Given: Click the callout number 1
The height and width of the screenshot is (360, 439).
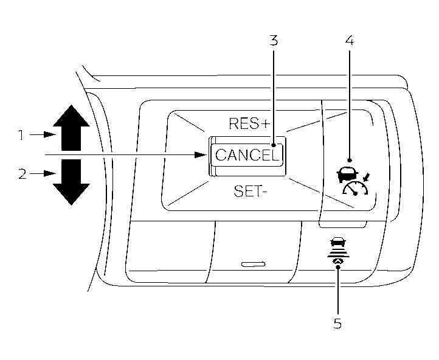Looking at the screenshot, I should (x=21, y=135).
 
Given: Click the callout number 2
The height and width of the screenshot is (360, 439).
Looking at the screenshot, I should (x=22, y=174).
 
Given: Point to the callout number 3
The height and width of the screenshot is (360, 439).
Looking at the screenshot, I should (x=274, y=41).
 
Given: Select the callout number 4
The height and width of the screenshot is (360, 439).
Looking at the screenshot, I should (x=349, y=41).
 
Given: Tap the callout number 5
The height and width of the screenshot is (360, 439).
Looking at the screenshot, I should (x=337, y=323).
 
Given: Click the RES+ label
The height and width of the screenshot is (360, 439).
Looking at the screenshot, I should (x=249, y=124).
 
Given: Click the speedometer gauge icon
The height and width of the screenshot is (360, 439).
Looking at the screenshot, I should (x=356, y=190).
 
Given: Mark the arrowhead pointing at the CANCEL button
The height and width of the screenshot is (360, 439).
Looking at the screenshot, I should (x=203, y=154).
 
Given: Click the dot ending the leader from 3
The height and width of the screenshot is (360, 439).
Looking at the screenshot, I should (x=274, y=145).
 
